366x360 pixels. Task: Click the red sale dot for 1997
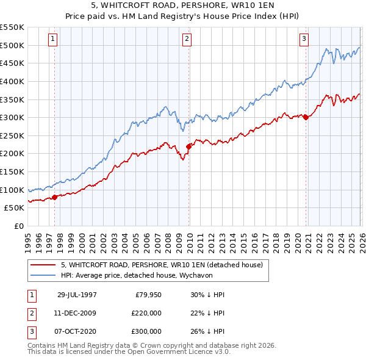[x=54, y=196]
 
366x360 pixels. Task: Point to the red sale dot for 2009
[x=188, y=146]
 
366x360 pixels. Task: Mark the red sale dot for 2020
[x=306, y=117]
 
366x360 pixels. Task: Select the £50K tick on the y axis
[x=15, y=207]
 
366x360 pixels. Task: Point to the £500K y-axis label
[x=12, y=45]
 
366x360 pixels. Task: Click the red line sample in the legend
[x=42, y=265]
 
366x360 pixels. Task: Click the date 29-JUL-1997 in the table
[x=77, y=295]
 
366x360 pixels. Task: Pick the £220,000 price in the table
[x=147, y=313]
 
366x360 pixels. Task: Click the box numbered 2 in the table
[x=31, y=313]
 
